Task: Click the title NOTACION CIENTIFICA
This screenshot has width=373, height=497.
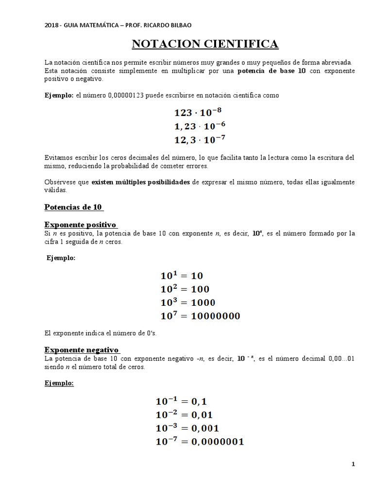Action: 205,44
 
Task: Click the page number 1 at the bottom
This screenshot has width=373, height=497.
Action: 353,464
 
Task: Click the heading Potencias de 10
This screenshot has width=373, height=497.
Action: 73,207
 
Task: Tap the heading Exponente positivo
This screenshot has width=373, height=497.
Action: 81,225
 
